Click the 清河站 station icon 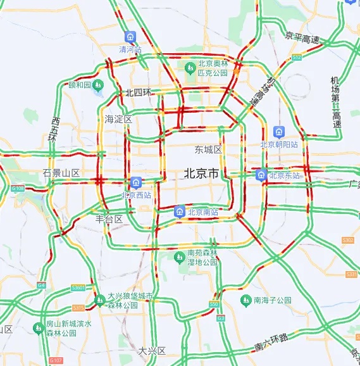(130, 37)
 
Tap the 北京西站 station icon (135, 183)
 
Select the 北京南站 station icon (180, 211)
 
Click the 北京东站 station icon (261, 175)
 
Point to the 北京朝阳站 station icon (278, 132)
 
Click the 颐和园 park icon (98, 85)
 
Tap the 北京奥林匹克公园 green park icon (189, 67)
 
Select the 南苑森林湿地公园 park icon (180, 256)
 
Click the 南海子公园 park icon (246, 300)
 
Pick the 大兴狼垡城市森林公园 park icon (99, 300)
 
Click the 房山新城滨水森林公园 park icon (38, 327)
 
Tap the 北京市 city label (201, 173)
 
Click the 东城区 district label (208, 150)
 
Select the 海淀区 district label (118, 119)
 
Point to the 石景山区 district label (61, 173)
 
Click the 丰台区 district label (109, 218)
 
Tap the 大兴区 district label (151, 350)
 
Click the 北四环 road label (139, 92)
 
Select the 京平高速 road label (302, 38)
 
